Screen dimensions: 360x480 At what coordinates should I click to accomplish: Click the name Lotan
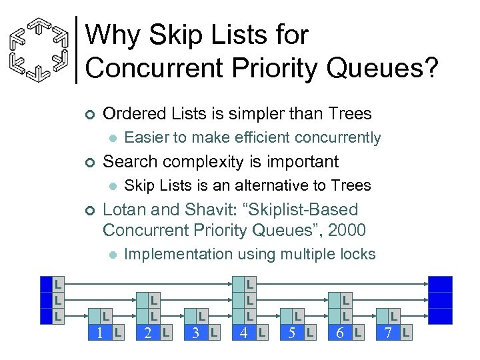pyautogui.click(x=128, y=209)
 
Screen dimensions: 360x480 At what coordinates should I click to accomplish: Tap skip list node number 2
pyautogui.click(x=147, y=332)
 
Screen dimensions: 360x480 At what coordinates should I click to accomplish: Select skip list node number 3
pyautogui.click(x=195, y=332)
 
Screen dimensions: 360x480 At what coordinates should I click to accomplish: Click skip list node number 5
pyautogui.click(x=291, y=332)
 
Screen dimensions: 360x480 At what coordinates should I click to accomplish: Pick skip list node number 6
pyautogui.click(x=339, y=332)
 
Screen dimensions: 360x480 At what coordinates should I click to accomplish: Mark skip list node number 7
pyautogui.click(x=387, y=332)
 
